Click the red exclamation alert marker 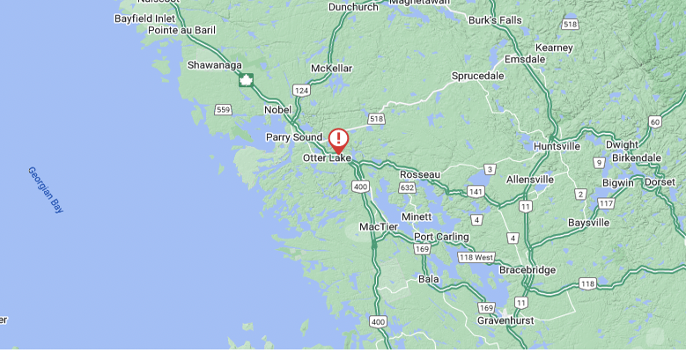(x=339, y=139)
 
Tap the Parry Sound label (x=294, y=137)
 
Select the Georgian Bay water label (x=45, y=189)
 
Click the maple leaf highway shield (x=246, y=80)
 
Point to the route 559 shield (x=223, y=109)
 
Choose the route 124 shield (x=302, y=90)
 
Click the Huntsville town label (x=557, y=146)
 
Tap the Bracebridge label (x=527, y=269)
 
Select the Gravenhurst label (x=507, y=320)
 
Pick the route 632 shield (x=407, y=187)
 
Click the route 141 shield (x=476, y=191)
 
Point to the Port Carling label (x=441, y=237)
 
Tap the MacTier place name (x=379, y=227)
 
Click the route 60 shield (x=654, y=121)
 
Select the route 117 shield (x=605, y=203)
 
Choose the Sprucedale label (x=477, y=76)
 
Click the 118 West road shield (x=476, y=257)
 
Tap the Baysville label (x=588, y=223)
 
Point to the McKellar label (x=332, y=68)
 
